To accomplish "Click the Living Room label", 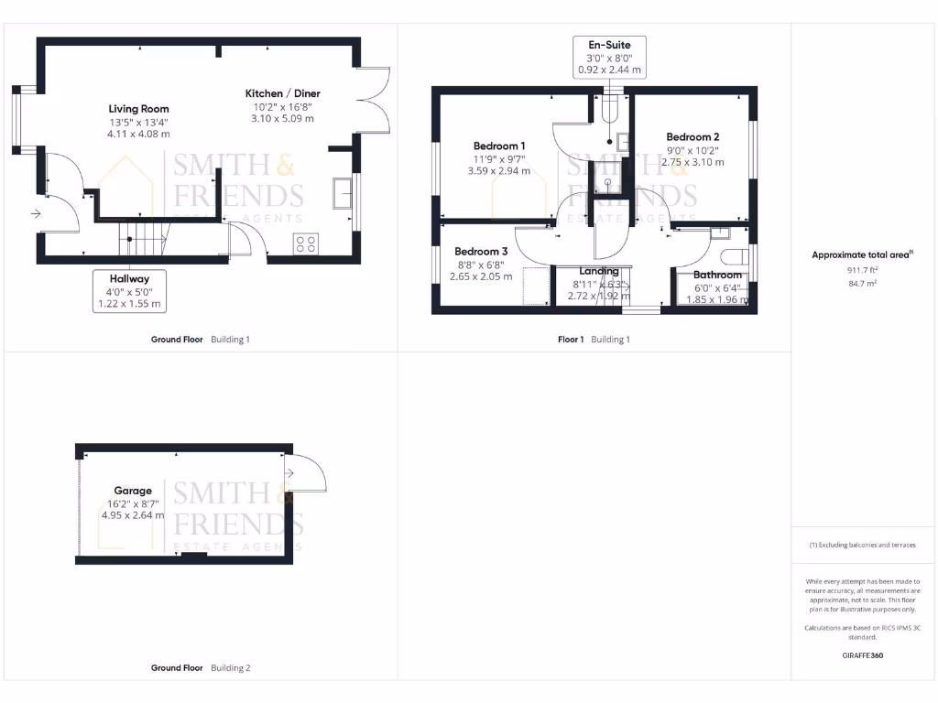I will click(139, 109).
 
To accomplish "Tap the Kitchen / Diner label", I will click(283, 93).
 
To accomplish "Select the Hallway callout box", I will click(130, 290).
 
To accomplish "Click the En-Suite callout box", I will click(608, 57).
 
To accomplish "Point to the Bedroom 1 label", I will click(499, 146).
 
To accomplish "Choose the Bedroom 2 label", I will click(693, 137).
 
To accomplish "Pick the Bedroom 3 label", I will click(481, 252).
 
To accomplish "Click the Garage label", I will click(133, 491).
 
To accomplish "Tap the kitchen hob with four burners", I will click(306, 243).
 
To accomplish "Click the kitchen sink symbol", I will click(344, 193).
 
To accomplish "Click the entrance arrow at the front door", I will click(36, 214).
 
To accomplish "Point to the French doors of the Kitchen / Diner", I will click(376, 107).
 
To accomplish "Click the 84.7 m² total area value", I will click(863, 284).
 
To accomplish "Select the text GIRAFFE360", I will click(862, 655).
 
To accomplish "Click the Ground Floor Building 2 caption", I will click(200, 668).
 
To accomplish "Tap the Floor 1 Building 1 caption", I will click(594, 340).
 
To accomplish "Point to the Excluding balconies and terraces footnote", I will click(862, 545).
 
